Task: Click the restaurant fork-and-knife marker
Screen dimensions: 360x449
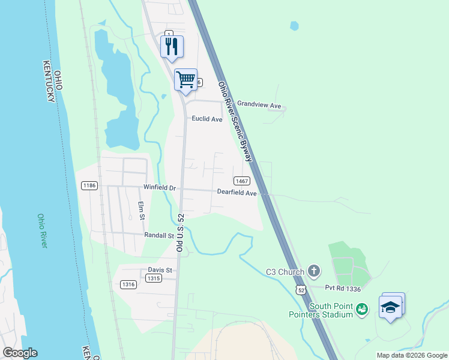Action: coord(172,47)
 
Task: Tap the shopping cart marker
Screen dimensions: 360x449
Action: coord(185,79)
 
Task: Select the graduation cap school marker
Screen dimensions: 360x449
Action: coord(391,307)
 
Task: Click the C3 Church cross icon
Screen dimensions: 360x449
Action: coord(313,272)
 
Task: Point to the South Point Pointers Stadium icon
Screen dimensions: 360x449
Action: coord(361,310)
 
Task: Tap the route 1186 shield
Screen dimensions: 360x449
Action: coord(89,186)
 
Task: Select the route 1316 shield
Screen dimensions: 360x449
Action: coord(127,284)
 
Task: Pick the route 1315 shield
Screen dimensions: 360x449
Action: coord(154,278)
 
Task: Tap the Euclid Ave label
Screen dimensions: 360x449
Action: coord(207,119)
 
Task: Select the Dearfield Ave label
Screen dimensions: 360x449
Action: coord(237,193)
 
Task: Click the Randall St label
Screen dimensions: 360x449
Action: coord(158,236)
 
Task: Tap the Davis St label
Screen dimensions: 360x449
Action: coord(160,270)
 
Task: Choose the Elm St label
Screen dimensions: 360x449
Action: coord(142,211)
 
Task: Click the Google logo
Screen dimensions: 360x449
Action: coord(20,353)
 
